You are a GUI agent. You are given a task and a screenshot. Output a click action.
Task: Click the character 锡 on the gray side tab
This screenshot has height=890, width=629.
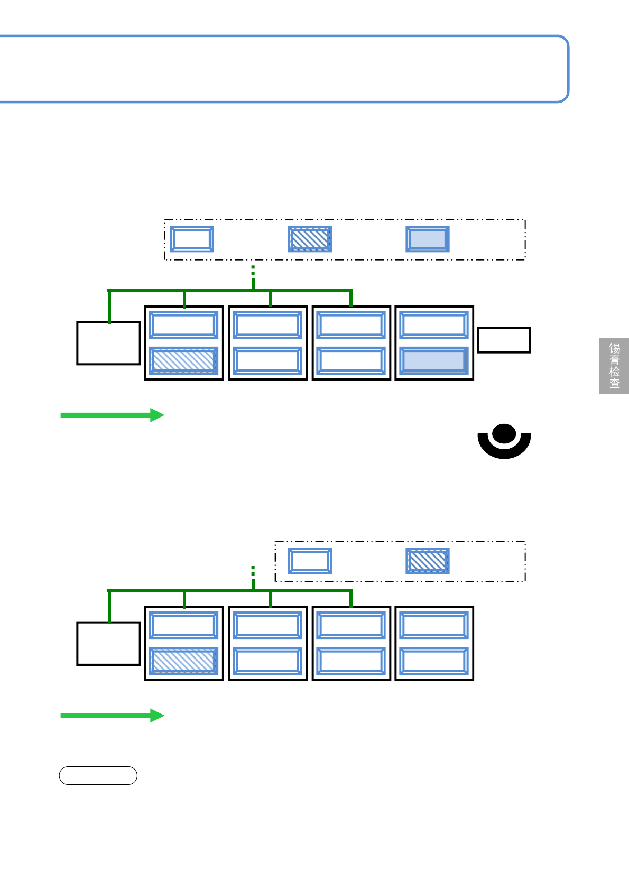pos(614,348)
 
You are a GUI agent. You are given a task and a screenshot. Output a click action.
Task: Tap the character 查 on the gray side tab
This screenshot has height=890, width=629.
pos(614,384)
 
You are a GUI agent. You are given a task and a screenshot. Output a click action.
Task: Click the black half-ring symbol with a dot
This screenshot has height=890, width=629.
pos(504,442)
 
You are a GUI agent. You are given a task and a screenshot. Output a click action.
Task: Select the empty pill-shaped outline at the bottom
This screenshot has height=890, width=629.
pos(98,775)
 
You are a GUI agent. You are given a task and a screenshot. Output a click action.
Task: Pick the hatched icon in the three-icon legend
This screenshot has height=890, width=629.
pos(310,239)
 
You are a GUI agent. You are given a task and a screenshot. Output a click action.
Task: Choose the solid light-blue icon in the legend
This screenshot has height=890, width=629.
pos(428,239)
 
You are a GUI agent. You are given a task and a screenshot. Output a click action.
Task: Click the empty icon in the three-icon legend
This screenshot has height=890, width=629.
pos(192,239)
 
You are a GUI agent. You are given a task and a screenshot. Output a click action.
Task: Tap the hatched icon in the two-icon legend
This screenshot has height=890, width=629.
pos(428,561)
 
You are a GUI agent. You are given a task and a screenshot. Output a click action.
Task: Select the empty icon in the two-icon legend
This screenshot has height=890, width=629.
pos(310,561)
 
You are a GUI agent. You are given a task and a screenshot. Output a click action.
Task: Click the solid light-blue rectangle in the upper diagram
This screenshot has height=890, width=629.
pos(434,360)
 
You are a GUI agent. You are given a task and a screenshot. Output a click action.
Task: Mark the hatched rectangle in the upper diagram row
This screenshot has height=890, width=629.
pos(184,360)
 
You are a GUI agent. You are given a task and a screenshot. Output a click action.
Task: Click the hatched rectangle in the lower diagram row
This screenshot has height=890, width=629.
pos(184,661)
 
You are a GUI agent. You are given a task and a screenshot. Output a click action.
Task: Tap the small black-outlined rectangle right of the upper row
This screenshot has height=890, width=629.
pos(504,340)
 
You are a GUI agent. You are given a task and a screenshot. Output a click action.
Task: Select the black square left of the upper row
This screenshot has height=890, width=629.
pos(108,343)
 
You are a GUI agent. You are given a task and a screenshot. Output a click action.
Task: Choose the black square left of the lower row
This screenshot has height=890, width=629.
pos(108,644)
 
